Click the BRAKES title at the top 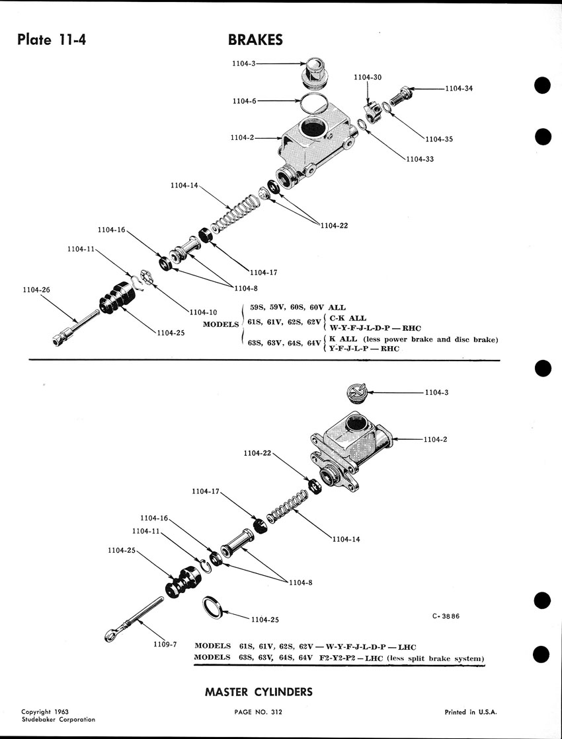pos(255,40)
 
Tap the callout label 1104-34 pos(458,88)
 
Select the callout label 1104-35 pos(438,139)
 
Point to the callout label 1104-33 pos(420,158)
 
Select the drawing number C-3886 pos(446,616)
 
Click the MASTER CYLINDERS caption pos(259,692)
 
